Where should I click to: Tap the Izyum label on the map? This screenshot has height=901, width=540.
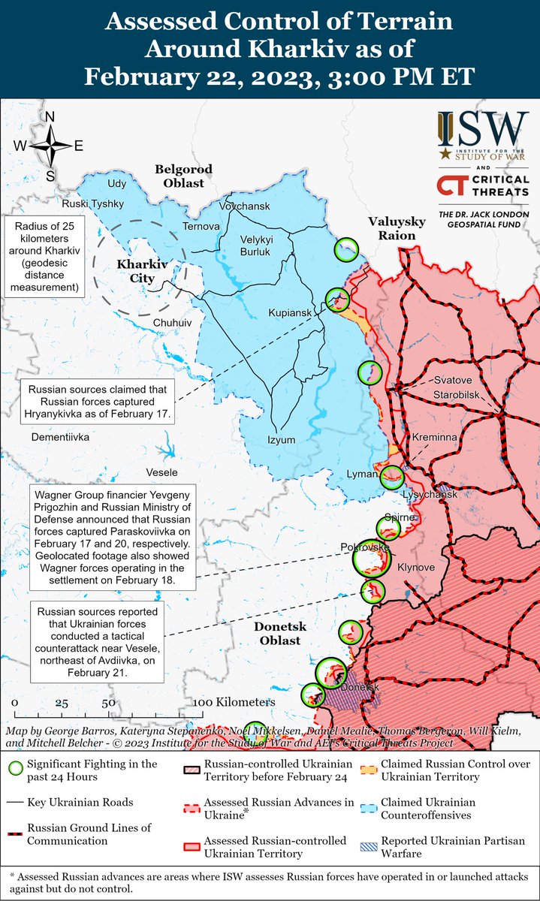coord(282,440)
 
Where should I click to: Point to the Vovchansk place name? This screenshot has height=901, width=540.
coord(244,205)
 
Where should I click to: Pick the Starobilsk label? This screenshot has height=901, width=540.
coord(458,395)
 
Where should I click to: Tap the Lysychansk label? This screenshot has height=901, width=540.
coord(426,496)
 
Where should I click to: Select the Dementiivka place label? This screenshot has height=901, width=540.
coord(60,436)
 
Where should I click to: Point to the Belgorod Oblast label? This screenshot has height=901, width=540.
coord(184,176)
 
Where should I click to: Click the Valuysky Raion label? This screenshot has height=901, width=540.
coord(397,228)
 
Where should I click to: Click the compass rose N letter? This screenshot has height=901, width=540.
coord(50,117)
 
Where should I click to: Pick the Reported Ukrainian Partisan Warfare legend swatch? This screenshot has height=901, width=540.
coord(368,841)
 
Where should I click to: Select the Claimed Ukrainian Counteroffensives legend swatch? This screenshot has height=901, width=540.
coord(368,803)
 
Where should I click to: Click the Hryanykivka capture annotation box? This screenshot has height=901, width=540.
coord(100,401)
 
